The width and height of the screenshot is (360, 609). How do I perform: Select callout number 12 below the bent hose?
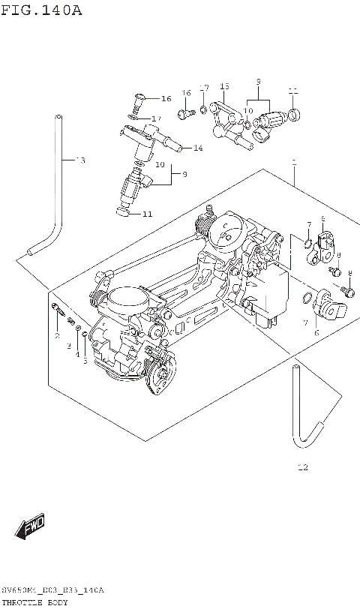pos(302,468)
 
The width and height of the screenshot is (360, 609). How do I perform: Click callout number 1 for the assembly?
pos(294,161)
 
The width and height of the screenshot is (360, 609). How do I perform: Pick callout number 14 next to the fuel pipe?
pos(198,148)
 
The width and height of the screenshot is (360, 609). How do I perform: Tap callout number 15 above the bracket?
pos(223,87)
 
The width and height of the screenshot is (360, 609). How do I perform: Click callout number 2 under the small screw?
pos(57,335)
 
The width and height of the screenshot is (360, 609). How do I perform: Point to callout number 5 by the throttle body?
pos(85,361)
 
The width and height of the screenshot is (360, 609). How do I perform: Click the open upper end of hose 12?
pos(295,367)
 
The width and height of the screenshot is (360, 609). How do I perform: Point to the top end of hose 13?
pos(58,118)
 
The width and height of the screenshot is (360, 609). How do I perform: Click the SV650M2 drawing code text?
pos(52,591)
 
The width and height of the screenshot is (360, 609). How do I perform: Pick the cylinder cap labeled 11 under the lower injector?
pos(125,212)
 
